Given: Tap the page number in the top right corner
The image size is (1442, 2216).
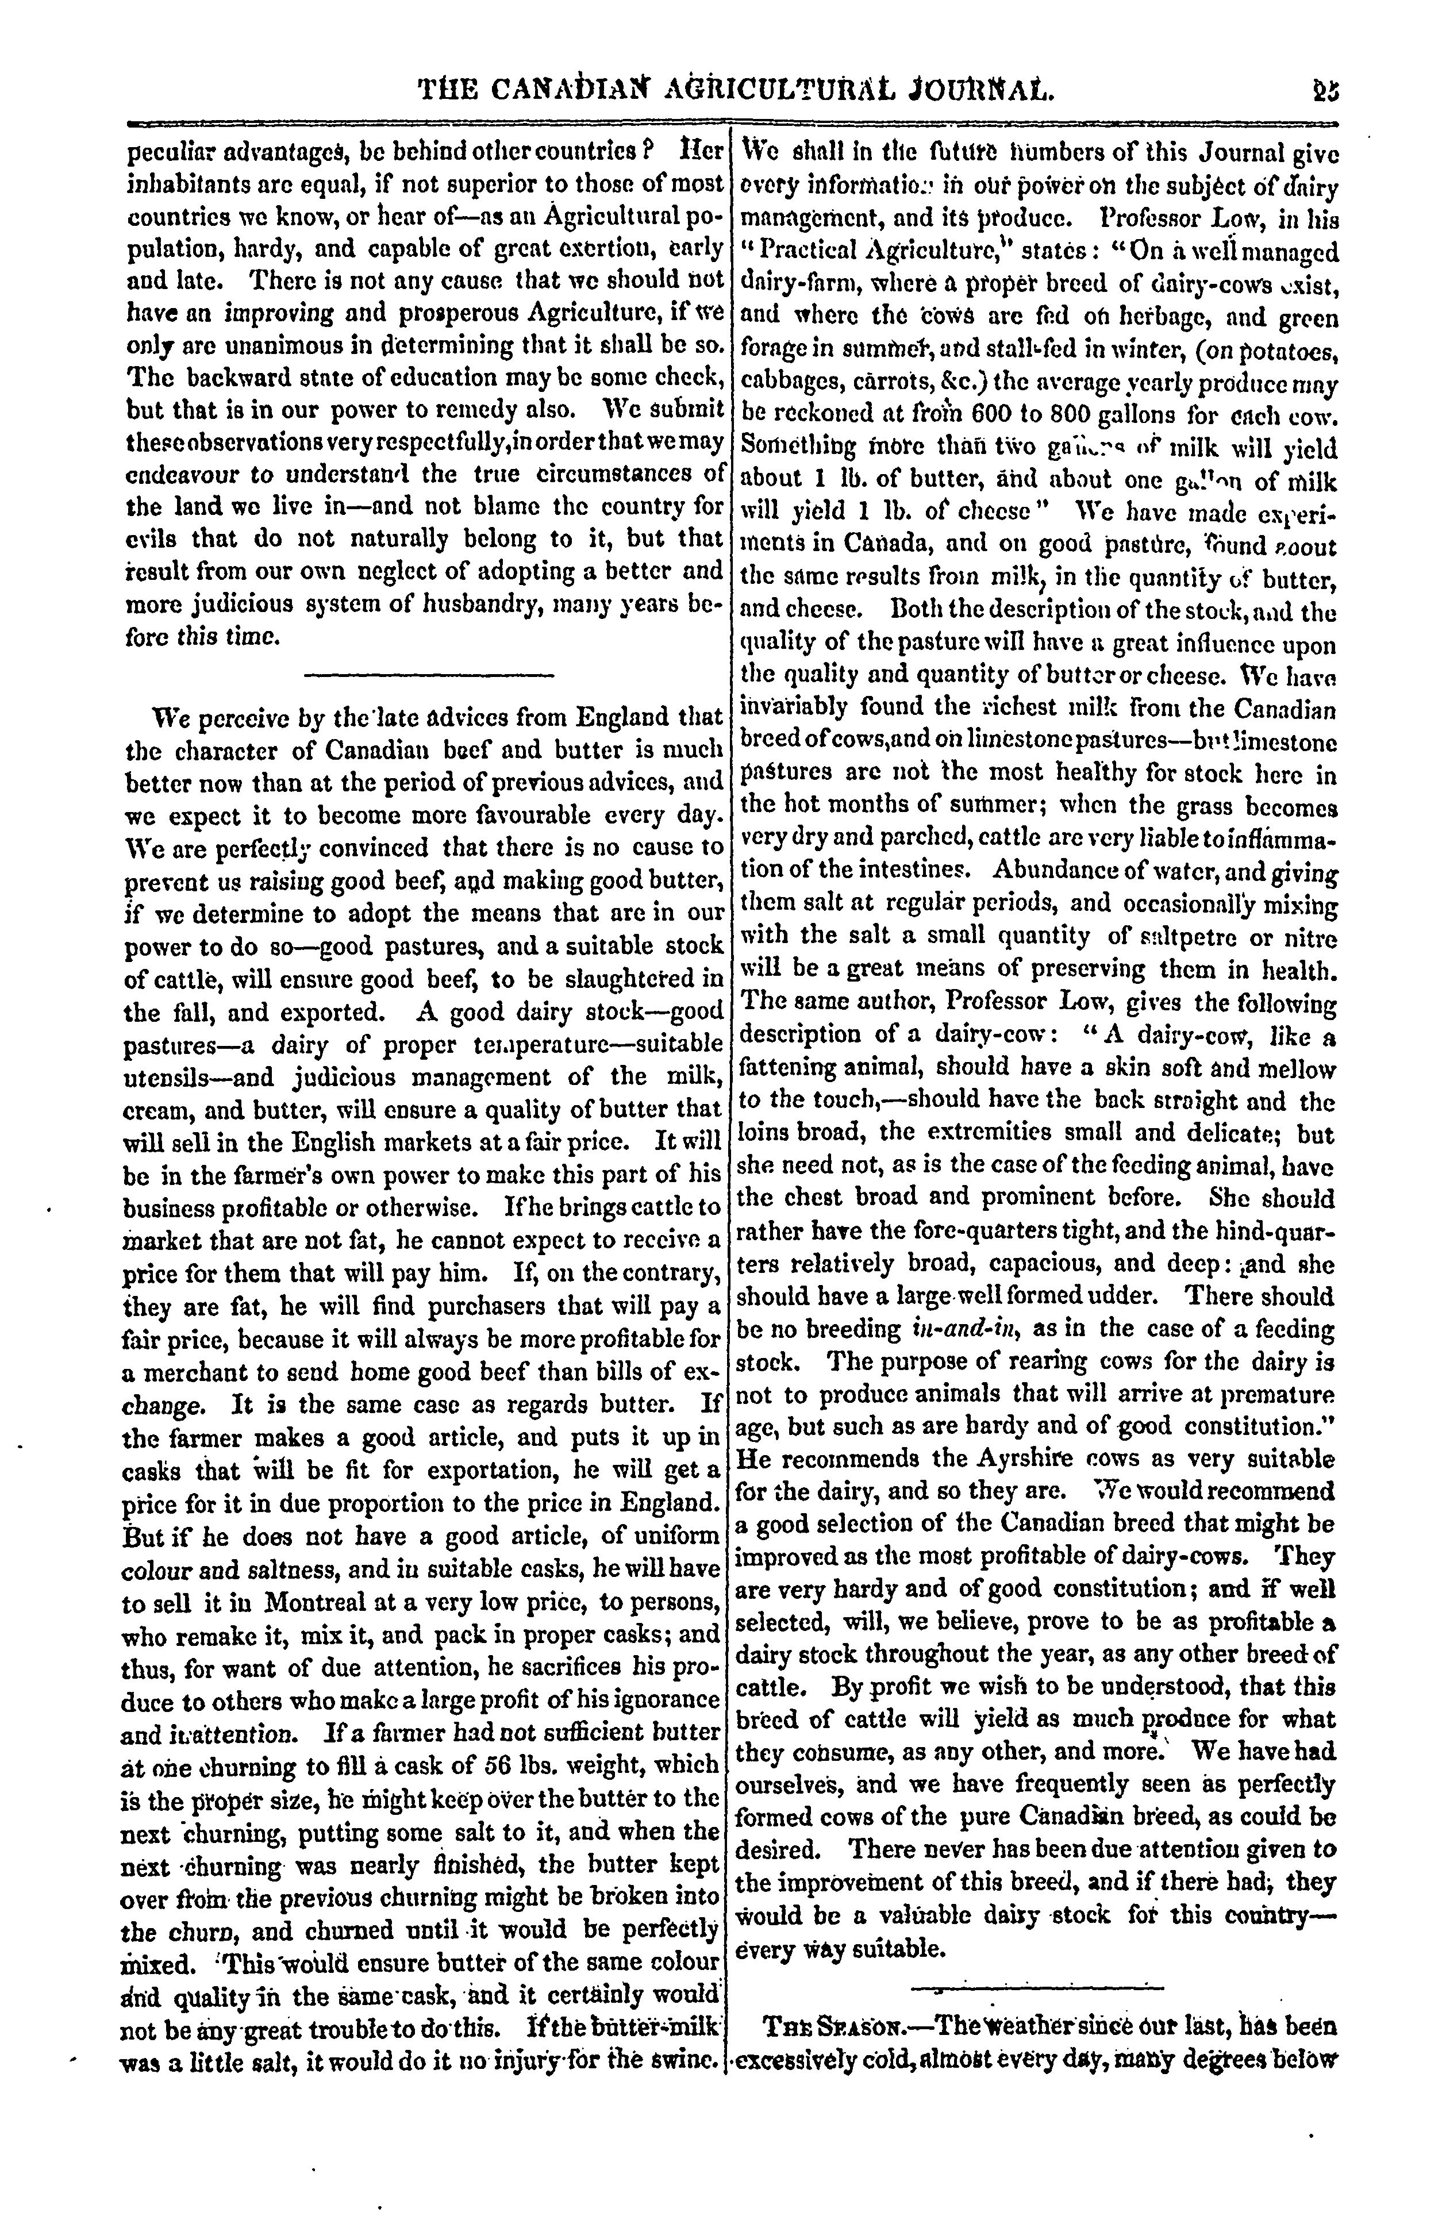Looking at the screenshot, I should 1324,90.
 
